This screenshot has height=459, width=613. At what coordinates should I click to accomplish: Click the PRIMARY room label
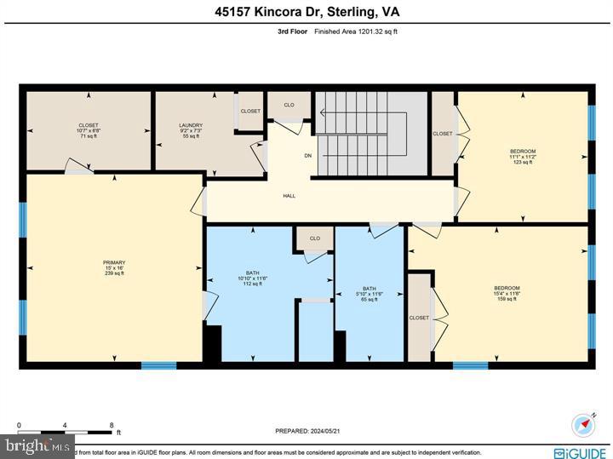[115, 262]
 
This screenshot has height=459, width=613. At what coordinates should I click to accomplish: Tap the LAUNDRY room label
[191, 125]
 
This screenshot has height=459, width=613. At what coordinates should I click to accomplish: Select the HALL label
[289, 196]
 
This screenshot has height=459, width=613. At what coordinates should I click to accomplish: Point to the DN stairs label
[308, 156]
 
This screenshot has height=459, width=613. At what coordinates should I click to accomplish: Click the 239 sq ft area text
[115, 273]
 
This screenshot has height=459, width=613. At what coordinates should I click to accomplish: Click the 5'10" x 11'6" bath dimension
[370, 294]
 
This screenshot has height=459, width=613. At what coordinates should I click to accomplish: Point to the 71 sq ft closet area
[89, 136]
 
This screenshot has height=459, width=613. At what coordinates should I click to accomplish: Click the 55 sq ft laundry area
[191, 136]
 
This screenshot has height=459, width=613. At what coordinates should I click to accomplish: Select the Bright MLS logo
[37, 445]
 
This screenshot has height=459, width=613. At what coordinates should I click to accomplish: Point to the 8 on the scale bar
[112, 423]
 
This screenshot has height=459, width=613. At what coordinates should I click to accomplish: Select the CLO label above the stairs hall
[289, 105]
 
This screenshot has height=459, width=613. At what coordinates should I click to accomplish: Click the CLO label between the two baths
[314, 238]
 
